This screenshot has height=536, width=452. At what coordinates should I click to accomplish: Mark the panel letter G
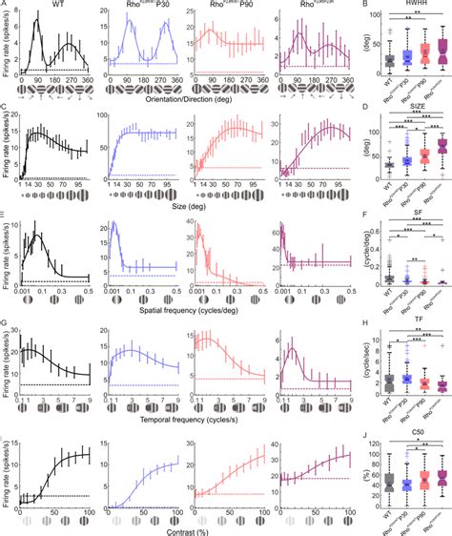(5, 327)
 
